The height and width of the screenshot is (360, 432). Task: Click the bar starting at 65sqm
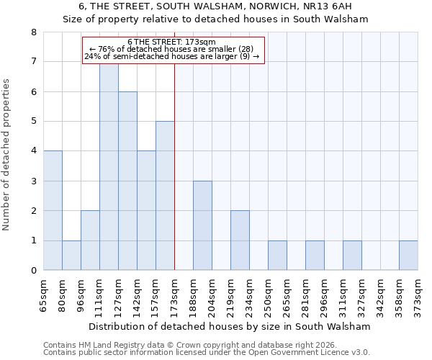(x=53, y=210)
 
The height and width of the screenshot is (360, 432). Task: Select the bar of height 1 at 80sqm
(x=71, y=255)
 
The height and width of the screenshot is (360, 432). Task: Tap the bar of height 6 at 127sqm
(x=127, y=181)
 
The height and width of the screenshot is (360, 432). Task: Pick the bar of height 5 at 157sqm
(x=165, y=196)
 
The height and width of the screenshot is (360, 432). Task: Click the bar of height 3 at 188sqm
(x=202, y=225)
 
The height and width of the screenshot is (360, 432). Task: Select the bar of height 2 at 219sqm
(x=240, y=240)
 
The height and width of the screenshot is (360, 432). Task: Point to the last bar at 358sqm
(x=408, y=255)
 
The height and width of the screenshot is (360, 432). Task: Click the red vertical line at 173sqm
(x=175, y=166)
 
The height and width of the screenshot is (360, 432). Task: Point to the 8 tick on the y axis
(x=33, y=32)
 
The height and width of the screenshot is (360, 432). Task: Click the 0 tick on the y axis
(x=33, y=271)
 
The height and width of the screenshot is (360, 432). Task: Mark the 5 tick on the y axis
(x=33, y=122)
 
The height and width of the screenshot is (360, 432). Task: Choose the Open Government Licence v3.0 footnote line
(x=207, y=353)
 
